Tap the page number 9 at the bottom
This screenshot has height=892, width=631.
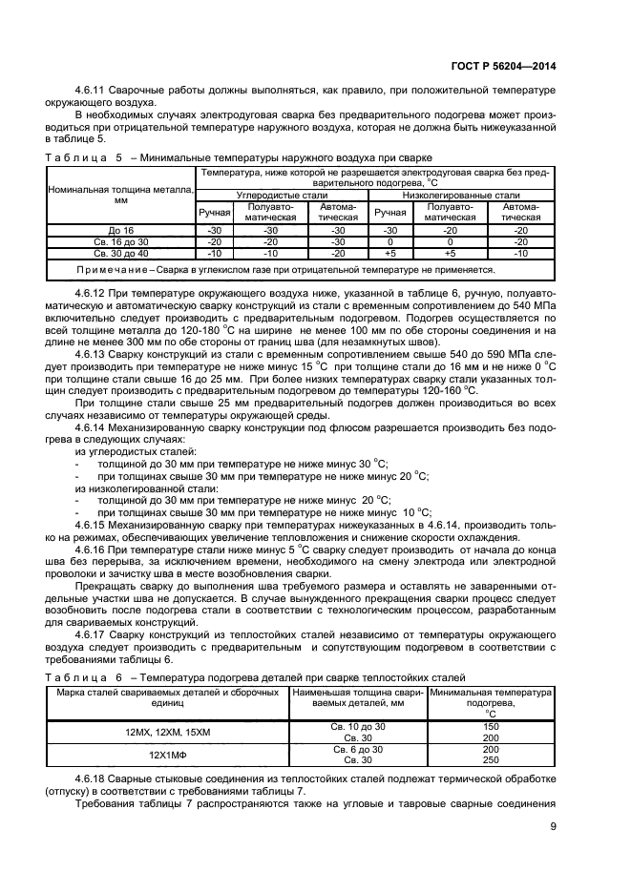pyautogui.click(x=553, y=827)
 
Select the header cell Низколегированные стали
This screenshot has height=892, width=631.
pyautogui.click(x=463, y=194)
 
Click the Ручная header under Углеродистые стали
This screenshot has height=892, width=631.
pyautogui.click(x=213, y=212)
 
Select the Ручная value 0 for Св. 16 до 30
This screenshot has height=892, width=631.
pyautogui.click(x=389, y=242)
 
